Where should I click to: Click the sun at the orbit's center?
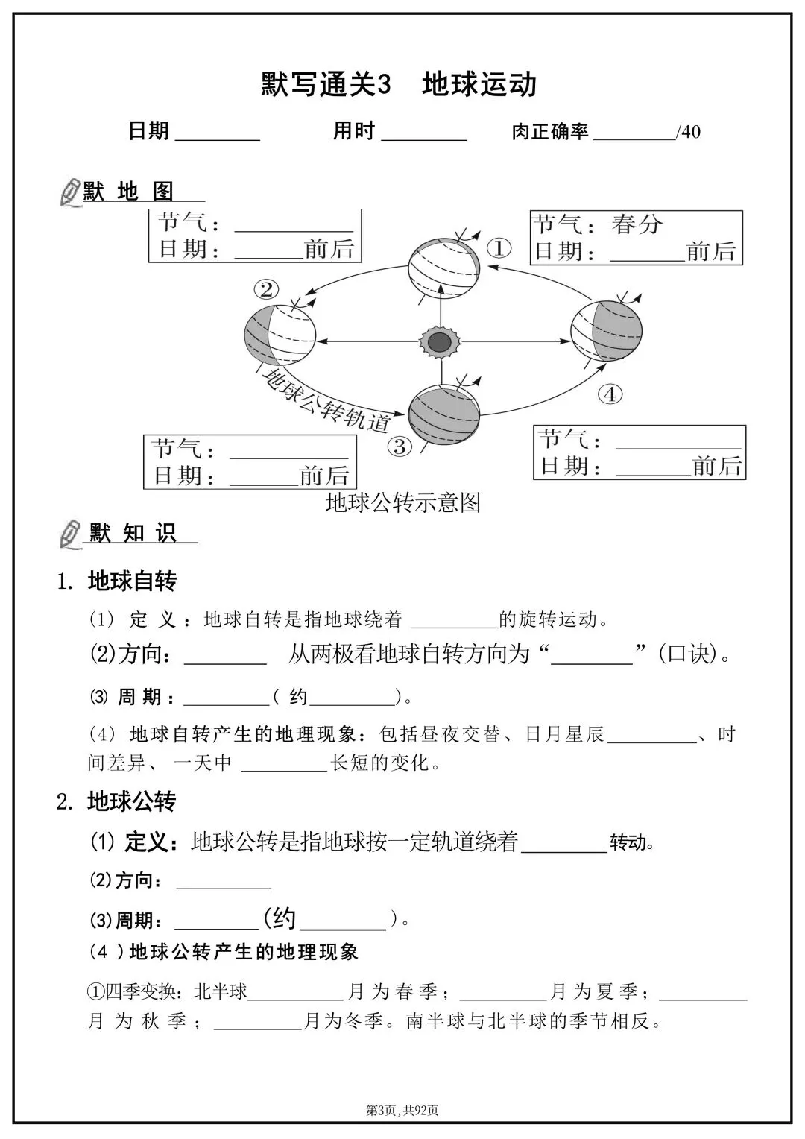click(441, 342)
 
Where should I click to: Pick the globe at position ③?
click(444, 413)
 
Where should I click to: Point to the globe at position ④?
click(606, 330)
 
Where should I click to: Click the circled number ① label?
click(499, 248)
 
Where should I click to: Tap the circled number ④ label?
click(610, 394)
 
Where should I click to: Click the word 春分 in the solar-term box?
click(637, 224)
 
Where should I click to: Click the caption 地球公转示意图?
click(403, 502)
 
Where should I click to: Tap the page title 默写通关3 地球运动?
click(400, 84)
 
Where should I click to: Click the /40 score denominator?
click(687, 133)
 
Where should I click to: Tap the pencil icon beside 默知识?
click(71, 534)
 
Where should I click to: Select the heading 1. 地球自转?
click(117, 581)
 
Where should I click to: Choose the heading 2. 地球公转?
click(116, 802)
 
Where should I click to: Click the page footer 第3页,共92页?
click(402, 1110)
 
